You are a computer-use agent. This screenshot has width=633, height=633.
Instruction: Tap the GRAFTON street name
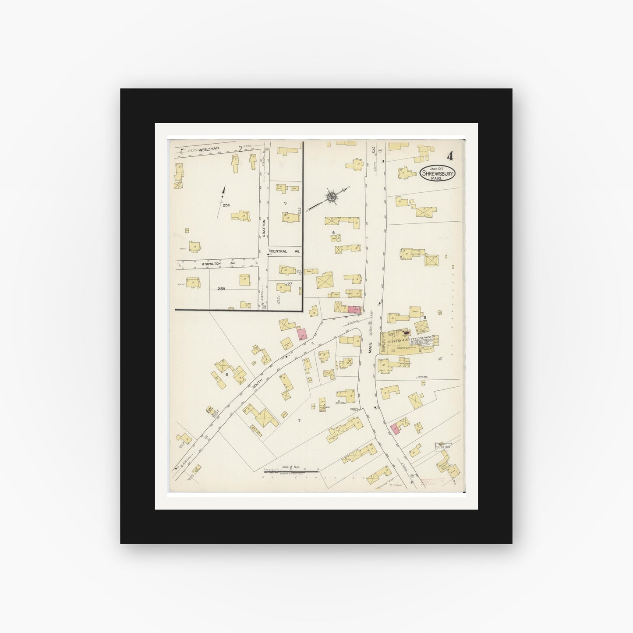tap(264, 228)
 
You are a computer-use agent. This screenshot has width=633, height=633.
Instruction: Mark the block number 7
tap(300, 421)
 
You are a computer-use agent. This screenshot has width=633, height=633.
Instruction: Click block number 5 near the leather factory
tap(424, 317)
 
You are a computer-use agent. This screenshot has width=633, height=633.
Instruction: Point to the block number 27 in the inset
tap(290, 284)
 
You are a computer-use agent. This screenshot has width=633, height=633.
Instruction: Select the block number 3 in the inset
tap(285, 203)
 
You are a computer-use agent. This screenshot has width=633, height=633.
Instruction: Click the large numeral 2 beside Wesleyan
tap(240, 148)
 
